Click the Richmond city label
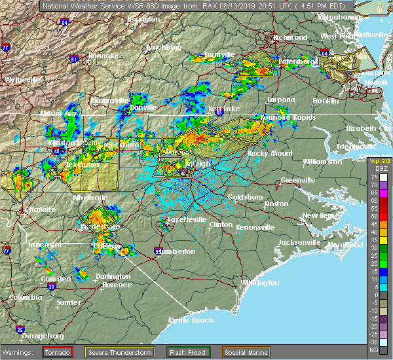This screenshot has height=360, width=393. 291,37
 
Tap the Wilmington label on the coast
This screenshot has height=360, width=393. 259,283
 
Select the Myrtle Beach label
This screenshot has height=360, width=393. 191,320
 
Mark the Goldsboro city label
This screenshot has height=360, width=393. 245,197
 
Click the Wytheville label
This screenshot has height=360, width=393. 24,80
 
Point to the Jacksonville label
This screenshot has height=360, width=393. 299,242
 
